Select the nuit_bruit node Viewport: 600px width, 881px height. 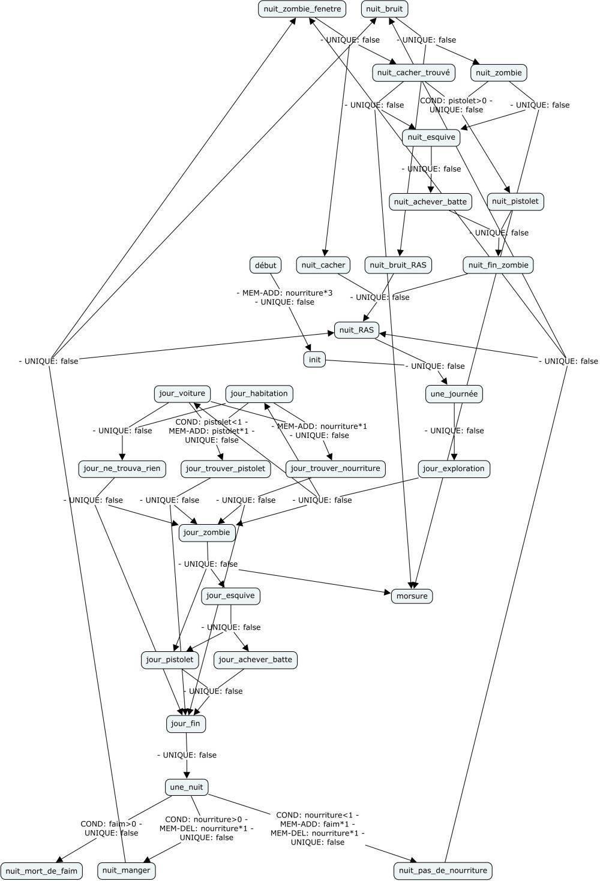(385, 9)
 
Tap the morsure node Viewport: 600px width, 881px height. (412, 596)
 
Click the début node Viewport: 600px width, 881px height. (266, 265)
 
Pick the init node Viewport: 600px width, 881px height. (314, 360)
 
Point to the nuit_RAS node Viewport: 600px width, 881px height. (356, 330)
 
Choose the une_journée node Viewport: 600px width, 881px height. (454, 394)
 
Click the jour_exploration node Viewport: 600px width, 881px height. (454, 468)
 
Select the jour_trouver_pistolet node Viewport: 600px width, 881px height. (225, 468)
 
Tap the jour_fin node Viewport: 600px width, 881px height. (186, 724)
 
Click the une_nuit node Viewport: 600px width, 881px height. (187, 787)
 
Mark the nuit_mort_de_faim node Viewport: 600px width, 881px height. (41, 871)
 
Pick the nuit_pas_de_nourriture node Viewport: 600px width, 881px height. (443, 871)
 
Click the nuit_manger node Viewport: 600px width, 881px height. (126, 870)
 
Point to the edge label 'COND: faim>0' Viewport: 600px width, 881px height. (111, 824)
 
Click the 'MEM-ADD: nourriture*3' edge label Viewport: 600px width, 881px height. (284, 293)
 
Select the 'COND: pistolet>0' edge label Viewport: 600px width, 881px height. (455, 101)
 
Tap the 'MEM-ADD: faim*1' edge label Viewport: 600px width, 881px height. (317, 824)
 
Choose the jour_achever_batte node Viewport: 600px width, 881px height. (256, 660)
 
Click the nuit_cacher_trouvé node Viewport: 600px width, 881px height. (413, 73)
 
